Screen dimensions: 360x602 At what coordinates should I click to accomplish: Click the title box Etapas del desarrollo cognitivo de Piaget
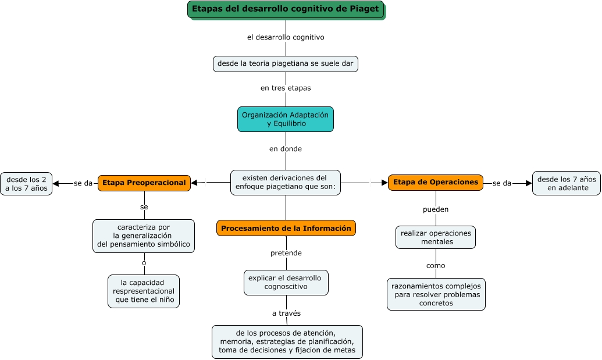pos(286,9)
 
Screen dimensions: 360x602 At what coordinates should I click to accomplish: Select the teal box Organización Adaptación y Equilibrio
pos(285,119)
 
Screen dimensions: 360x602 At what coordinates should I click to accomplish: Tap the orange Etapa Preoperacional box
pos(144,183)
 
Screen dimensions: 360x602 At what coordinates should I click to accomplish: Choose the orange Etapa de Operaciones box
pos(436,182)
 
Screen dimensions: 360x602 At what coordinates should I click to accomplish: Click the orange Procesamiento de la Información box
pos(286,228)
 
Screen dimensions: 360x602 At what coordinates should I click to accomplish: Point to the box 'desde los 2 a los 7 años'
pos(26,183)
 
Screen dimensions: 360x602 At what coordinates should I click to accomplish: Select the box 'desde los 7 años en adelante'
pos(566,183)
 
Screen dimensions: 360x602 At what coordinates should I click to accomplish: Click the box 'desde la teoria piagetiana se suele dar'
pos(285,63)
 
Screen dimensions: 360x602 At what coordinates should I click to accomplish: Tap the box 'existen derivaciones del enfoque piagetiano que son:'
pos(285,183)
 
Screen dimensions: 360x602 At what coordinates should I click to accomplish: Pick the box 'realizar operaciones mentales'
pos(436,237)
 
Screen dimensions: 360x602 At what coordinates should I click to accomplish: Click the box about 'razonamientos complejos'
pos(436,294)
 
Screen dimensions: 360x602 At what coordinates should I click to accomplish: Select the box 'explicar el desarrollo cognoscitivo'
pos(286,283)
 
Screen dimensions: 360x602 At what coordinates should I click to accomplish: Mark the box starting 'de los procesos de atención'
pos(287,341)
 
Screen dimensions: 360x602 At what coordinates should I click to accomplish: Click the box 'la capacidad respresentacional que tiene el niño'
pos(144,291)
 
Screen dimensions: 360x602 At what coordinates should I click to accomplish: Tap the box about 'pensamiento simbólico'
pos(144,236)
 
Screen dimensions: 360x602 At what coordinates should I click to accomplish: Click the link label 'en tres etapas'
pos(285,88)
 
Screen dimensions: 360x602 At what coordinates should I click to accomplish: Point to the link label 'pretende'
pos(286,253)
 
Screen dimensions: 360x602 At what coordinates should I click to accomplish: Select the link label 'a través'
pos(286,313)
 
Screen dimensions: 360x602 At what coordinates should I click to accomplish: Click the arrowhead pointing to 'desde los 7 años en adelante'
pos(529,183)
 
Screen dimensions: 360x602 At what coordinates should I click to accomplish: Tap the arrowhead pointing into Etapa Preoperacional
pos(195,183)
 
